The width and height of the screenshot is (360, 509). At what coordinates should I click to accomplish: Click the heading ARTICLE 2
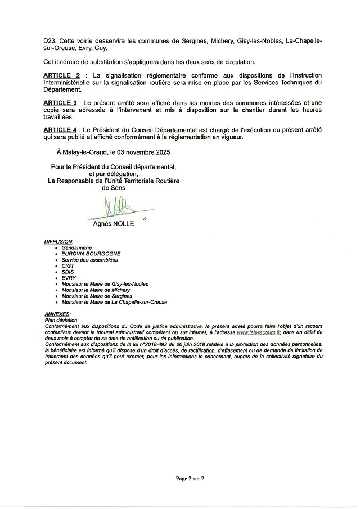tap(60, 75)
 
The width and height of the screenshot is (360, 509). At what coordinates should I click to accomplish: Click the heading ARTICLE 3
tap(60, 102)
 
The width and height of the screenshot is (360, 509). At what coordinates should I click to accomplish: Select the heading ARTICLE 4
tap(60, 130)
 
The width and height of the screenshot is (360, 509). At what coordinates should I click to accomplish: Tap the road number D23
tap(49, 41)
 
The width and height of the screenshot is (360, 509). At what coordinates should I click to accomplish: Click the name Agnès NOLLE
tap(114, 224)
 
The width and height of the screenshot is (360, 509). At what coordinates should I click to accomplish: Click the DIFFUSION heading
tap(58, 241)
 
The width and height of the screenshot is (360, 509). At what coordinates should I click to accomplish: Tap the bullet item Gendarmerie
tap(77, 247)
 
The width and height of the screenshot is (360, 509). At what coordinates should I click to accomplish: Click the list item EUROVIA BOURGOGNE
tap(91, 254)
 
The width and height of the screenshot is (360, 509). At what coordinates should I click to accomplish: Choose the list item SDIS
tap(68, 272)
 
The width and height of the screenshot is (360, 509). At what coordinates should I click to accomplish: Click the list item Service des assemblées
tap(90, 260)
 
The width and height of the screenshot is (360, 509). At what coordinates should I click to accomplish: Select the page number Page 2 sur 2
tap(190, 479)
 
